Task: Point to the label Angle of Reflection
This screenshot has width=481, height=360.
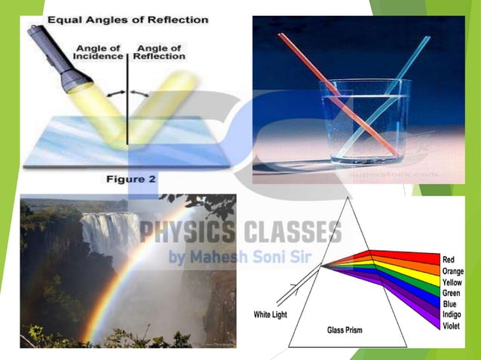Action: [x=158, y=52]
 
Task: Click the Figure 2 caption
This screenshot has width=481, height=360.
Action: [x=128, y=179]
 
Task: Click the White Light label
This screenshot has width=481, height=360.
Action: [x=274, y=313]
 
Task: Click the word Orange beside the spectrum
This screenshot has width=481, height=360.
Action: [x=453, y=271]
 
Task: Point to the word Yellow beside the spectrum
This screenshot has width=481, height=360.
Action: [x=452, y=282]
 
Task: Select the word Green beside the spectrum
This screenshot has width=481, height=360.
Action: [x=452, y=294]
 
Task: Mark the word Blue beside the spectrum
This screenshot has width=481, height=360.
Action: [x=449, y=304]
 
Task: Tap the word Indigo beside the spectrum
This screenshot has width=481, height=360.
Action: [x=452, y=315]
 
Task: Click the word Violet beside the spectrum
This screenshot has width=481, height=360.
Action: [x=452, y=325]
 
